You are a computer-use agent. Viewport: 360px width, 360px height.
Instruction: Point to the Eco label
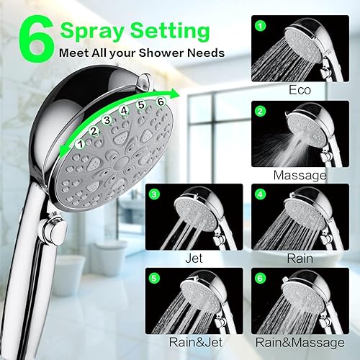300,91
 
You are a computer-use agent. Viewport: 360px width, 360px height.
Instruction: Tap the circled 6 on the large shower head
160,102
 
